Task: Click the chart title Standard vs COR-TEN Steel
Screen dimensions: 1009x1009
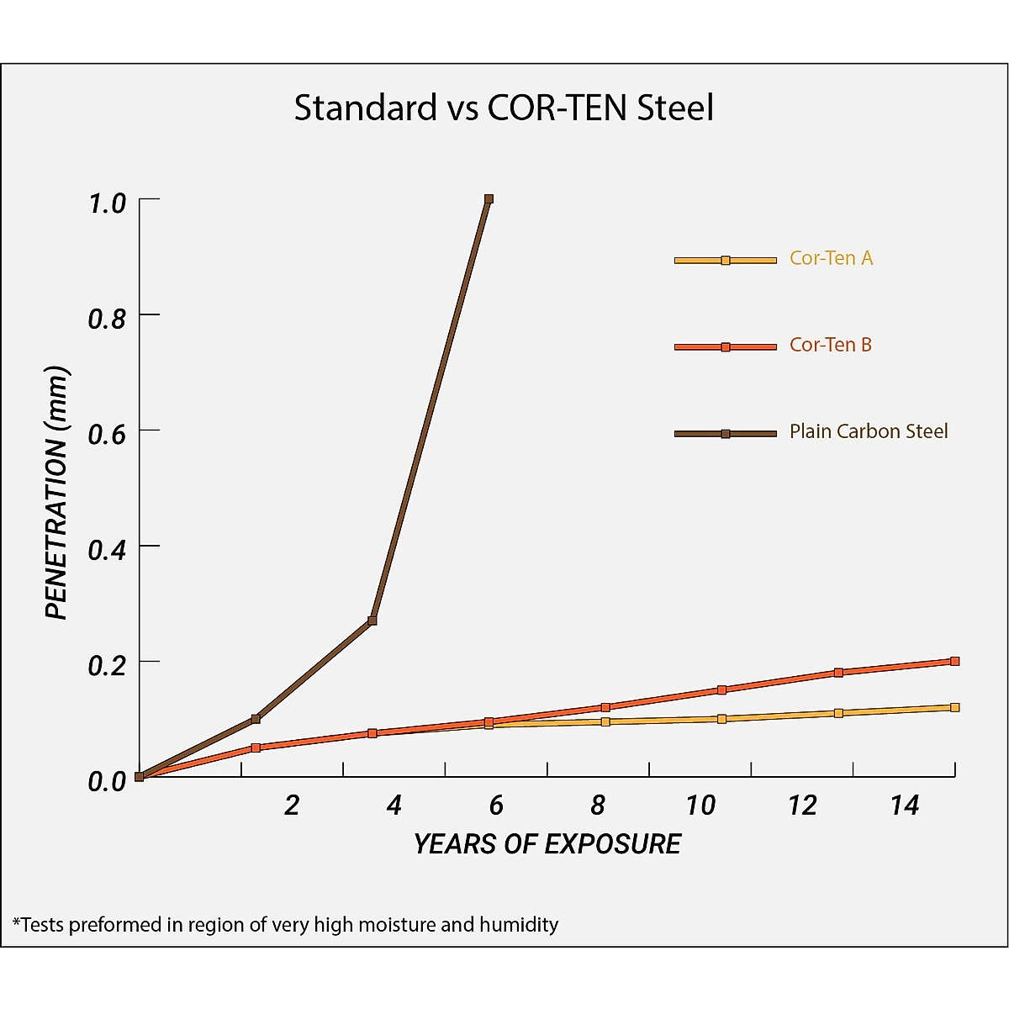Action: point(504,108)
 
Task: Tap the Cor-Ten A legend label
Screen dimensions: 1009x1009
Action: point(831,258)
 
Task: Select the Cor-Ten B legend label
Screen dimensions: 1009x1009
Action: point(830,345)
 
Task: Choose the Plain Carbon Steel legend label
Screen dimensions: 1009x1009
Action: point(868,431)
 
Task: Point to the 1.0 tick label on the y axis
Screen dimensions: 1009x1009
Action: point(107,203)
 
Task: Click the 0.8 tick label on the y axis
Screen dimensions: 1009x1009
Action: point(107,319)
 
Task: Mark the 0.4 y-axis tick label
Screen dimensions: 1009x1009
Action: point(107,550)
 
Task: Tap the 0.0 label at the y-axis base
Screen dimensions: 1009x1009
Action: point(107,781)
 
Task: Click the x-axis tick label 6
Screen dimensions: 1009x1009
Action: point(496,806)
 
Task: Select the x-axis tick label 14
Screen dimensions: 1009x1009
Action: point(905,806)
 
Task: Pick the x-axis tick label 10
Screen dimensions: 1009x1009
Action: point(700,806)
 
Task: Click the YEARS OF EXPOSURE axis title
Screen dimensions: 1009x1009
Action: point(547,844)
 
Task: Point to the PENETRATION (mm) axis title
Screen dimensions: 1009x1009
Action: point(56,494)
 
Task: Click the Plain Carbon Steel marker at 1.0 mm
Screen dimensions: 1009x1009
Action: point(489,199)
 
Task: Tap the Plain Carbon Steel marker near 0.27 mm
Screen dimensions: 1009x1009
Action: point(372,621)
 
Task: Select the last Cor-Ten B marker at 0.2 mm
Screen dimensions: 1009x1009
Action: point(955,661)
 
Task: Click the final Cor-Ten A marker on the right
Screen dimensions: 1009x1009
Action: point(955,707)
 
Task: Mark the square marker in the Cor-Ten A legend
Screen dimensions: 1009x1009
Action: point(726,261)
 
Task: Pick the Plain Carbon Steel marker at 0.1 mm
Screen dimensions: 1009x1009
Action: point(256,719)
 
